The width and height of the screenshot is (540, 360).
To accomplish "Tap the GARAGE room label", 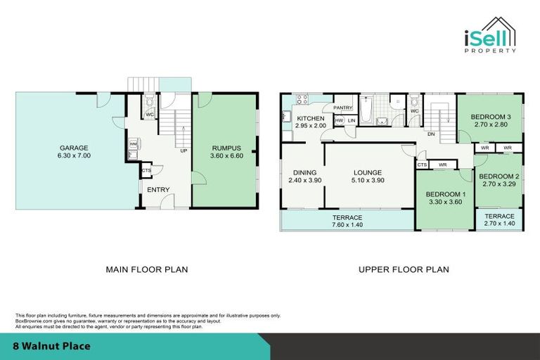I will click(74, 148).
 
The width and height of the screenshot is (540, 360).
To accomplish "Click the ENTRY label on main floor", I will click(157, 189).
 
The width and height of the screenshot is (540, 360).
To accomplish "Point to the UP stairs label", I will click(184, 150).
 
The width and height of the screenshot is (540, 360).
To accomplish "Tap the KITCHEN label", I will click(310, 119).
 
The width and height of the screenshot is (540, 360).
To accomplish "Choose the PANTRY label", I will click(343, 108).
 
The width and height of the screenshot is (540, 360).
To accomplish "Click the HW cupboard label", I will click(339, 121).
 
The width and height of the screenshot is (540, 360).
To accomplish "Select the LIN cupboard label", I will click(351, 121).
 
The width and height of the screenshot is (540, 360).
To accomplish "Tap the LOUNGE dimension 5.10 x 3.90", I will click(367, 181).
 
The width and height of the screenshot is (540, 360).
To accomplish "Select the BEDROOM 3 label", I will click(490, 117).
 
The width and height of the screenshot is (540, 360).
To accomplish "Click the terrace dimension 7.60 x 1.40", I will click(347, 226).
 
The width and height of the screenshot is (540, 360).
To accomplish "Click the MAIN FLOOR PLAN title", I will click(146, 269).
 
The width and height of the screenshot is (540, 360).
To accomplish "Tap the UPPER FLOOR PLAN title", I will click(404, 269).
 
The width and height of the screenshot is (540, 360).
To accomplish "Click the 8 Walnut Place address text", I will click(52, 347).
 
